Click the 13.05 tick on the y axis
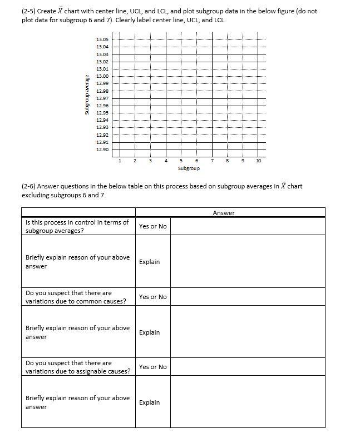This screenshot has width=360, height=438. [102, 39]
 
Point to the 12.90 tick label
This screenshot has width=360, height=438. [102, 150]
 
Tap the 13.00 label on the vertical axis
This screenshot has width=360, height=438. [102, 76]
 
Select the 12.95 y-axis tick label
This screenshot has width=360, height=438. [102, 113]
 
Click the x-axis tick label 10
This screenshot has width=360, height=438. [258, 161]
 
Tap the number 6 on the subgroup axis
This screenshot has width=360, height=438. [197, 161]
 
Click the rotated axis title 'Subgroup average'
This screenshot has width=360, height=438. [87, 94]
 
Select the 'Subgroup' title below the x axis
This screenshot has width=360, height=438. [189, 168]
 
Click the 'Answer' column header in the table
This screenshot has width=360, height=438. [224, 213]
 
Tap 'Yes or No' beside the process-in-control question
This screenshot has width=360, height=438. [152, 226]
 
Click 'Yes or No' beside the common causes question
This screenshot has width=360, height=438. [152, 297]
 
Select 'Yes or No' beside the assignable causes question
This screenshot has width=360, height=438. [152, 367]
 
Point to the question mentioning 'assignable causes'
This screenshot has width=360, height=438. [78, 367]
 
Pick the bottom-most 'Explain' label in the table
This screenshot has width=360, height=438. [149, 402]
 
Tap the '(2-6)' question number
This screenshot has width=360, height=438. [30, 186]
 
